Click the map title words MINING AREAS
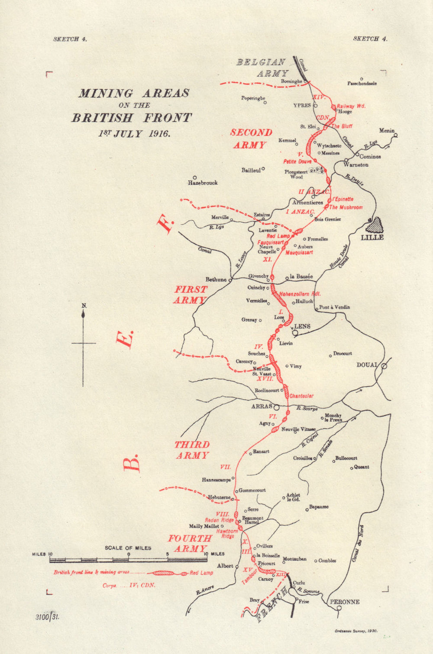pyautogui.click(x=134, y=93)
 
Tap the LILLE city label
pyautogui.click(x=372, y=238)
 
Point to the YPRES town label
pyautogui.click(x=302, y=105)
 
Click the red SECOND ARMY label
pyautogui.click(x=251, y=139)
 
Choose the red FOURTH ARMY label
pyautogui.click(x=190, y=543)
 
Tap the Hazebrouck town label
pyautogui.click(x=203, y=183)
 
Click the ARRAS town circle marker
pyautogui.click(x=276, y=407)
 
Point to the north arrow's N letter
pyautogui.click(x=84, y=306)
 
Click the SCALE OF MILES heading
pyautogui.click(x=128, y=548)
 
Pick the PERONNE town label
pyautogui.click(x=345, y=602)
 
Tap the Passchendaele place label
pyautogui.click(x=362, y=83)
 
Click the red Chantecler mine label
pyautogui.click(x=301, y=396)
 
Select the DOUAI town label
pyautogui.click(x=367, y=365)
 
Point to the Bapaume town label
pyautogui.click(x=319, y=507)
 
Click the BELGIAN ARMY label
pyautogui.click(x=262, y=68)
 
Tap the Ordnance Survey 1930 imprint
pyautogui.click(x=355, y=631)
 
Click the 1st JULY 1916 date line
pyautogui.click(x=134, y=133)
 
